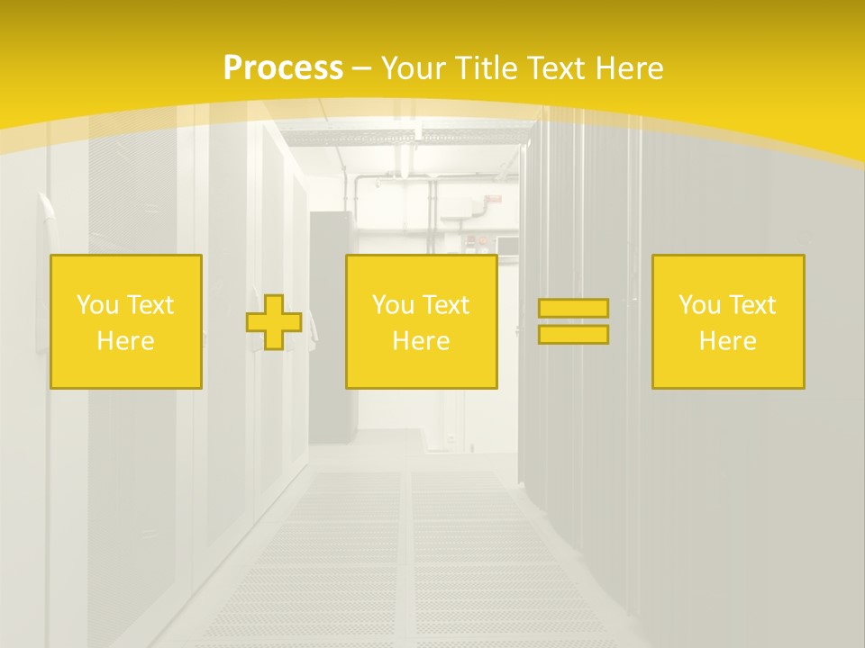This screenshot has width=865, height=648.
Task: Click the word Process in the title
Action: tap(283, 68)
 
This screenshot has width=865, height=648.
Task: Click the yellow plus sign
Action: tap(274, 322)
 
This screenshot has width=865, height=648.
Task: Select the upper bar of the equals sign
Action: tap(573, 309)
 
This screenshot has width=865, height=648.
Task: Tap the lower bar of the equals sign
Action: tap(573, 335)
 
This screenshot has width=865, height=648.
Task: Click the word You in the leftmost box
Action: tap(96, 305)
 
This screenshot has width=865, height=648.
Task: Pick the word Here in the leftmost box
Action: tap(125, 341)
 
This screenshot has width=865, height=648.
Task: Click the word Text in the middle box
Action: tap(445, 305)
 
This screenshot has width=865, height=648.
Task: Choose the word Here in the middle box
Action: tap(421, 341)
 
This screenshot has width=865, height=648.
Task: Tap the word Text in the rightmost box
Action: tap(751, 305)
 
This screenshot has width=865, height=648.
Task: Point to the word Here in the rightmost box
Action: tap(727, 341)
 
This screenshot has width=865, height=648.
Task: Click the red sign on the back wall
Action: tap(495, 200)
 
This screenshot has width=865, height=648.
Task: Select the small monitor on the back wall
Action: tap(506, 244)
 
